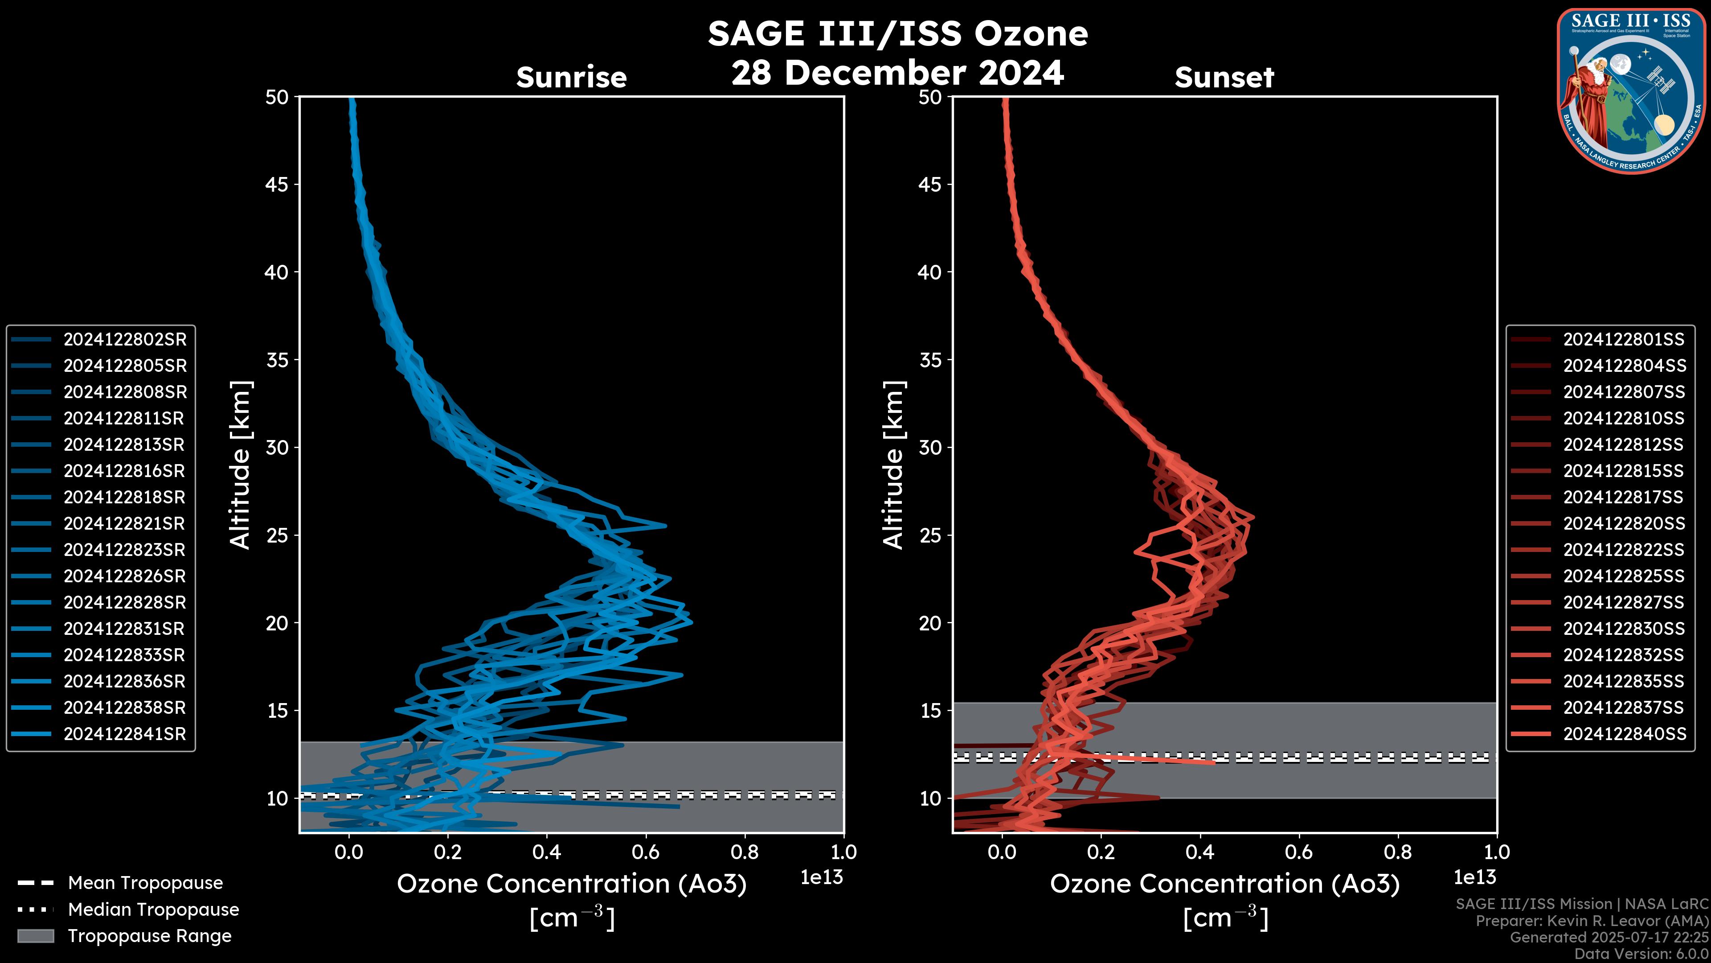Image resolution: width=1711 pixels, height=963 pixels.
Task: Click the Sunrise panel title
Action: coord(571,78)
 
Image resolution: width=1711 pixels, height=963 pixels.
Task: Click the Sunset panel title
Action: coord(1224,78)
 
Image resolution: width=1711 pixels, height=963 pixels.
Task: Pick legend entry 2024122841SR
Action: coord(125,734)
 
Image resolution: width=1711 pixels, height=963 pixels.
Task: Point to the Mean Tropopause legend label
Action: coord(145,883)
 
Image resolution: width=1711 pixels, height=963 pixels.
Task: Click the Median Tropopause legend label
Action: coord(153,909)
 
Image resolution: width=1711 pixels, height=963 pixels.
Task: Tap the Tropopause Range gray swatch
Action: coord(35,936)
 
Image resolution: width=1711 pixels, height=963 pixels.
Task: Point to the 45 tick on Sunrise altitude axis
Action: coord(277,185)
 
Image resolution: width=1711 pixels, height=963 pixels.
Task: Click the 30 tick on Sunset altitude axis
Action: coord(930,447)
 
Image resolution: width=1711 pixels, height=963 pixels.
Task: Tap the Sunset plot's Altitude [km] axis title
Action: coord(893,465)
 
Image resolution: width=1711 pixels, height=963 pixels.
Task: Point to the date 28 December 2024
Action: coord(897,72)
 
